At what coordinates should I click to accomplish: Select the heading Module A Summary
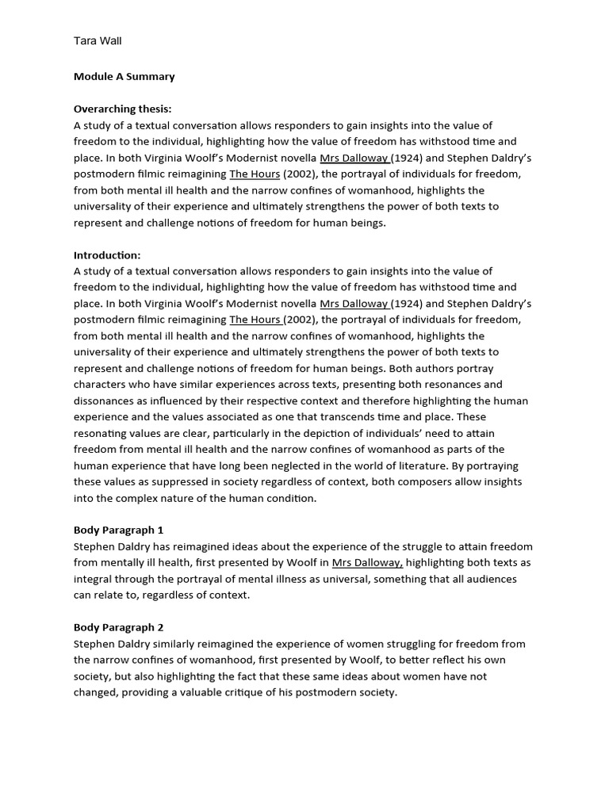tap(124, 77)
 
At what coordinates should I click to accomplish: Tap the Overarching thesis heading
tap(122, 109)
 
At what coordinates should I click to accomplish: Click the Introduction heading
tap(107, 255)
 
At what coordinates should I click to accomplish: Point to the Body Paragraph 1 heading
tap(118, 530)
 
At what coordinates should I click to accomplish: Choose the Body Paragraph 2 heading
tap(118, 627)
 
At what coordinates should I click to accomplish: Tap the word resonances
tap(454, 385)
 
